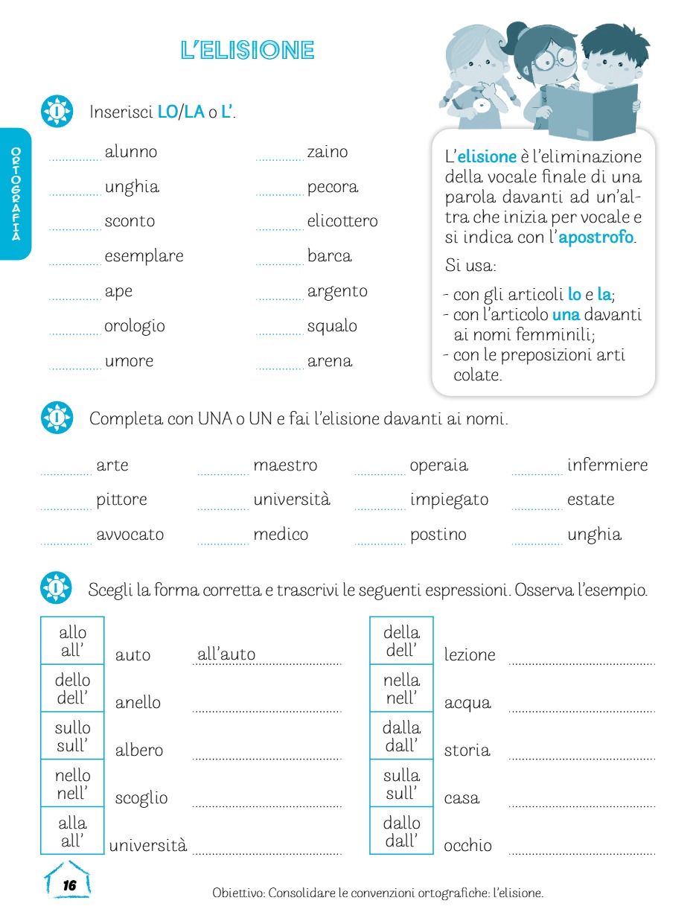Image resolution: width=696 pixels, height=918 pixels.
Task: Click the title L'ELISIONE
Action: pos(248,51)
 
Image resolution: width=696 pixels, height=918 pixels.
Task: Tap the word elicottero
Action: pos(342,221)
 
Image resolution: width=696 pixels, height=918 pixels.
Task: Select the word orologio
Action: pos(135,326)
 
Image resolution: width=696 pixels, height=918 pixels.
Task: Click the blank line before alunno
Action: pos(74,156)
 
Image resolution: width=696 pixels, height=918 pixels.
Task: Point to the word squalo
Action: pos(332,326)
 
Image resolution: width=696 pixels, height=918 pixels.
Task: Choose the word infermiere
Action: pos(607,465)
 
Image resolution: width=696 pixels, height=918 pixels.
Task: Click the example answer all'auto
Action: pos(226,655)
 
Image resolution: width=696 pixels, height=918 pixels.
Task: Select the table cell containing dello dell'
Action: pos(72,689)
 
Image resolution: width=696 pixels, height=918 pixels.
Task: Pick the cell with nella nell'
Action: pos(401,689)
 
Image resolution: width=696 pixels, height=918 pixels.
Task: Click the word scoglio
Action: pos(141,798)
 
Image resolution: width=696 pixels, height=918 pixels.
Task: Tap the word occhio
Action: pos(467,846)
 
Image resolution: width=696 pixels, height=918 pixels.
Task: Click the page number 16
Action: pos(69,885)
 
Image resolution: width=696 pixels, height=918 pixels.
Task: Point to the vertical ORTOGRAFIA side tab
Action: pos(16,194)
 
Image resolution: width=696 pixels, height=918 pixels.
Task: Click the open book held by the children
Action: pos(592,112)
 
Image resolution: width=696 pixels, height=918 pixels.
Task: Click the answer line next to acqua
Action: pos(581,708)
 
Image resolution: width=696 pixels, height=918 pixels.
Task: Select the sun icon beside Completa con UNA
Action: pos(57,418)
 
